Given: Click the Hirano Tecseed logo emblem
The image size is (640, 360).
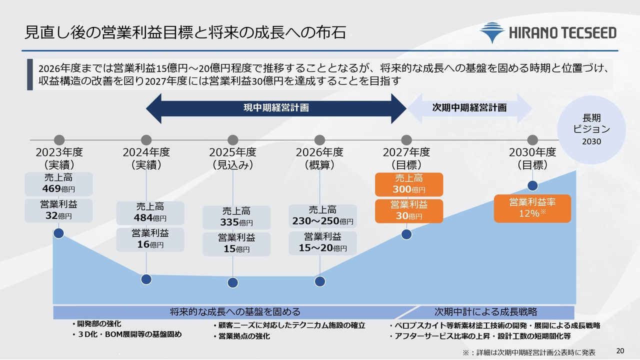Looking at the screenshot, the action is [x=492, y=32].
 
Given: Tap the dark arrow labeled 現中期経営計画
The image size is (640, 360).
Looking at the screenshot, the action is [x=276, y=108].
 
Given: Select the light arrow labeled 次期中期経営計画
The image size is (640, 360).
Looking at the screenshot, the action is [x=469, y=108].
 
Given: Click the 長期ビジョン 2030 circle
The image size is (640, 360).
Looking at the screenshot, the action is [x=591, y=129].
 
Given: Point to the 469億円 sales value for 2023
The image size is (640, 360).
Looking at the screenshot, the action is [x=58, y=189].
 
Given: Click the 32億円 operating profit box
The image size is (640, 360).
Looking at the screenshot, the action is [x=58, y=210].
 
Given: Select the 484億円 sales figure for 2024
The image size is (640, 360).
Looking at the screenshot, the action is [x=150, y=218].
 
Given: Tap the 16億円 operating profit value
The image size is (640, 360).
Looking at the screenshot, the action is [x=150, y=244].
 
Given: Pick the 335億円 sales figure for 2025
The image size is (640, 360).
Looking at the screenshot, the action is [x=236, y=222].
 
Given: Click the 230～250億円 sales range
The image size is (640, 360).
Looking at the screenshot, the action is [x=322, y=221].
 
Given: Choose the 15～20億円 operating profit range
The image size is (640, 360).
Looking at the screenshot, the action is [x=322, y=248].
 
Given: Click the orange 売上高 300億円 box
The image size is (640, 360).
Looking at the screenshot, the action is [x=409, y=184].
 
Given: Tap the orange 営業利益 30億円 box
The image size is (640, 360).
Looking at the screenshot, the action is [x=409, y=211].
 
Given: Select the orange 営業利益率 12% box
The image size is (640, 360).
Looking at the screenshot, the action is [x=532, y=208].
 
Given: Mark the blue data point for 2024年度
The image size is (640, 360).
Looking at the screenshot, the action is [x=146, y=279].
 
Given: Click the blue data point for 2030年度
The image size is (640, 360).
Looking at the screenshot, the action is [x=532, y=185].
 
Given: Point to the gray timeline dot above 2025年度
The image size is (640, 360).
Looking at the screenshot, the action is [x=233, y=140].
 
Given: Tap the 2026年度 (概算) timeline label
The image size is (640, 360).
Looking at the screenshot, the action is [x=319, y=158].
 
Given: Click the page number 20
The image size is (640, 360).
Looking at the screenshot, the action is [x=620, y=351].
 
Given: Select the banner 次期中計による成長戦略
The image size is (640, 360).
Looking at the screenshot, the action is [x=485, y=311].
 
